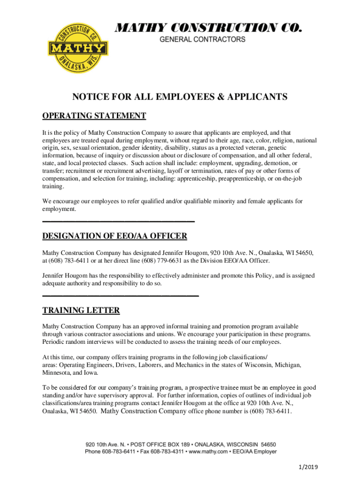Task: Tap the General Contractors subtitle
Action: [202, 40]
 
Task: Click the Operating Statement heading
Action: [94, 116]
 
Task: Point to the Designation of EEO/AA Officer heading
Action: [115, 235]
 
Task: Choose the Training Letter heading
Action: [81, 310]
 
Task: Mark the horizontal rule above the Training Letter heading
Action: [121, 296]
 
